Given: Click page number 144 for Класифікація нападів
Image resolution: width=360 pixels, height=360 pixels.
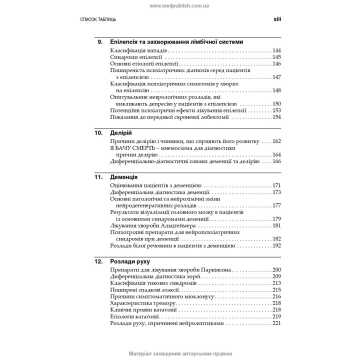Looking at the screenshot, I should tap(276, 50).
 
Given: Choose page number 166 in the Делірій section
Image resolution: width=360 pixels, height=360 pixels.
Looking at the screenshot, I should tap(276, 161).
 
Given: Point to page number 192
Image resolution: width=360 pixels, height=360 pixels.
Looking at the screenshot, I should tap(276, 245).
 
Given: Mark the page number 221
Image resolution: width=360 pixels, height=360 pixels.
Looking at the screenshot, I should tap(276, 323).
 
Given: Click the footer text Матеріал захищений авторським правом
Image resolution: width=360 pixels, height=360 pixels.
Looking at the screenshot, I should tap(180, 353).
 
